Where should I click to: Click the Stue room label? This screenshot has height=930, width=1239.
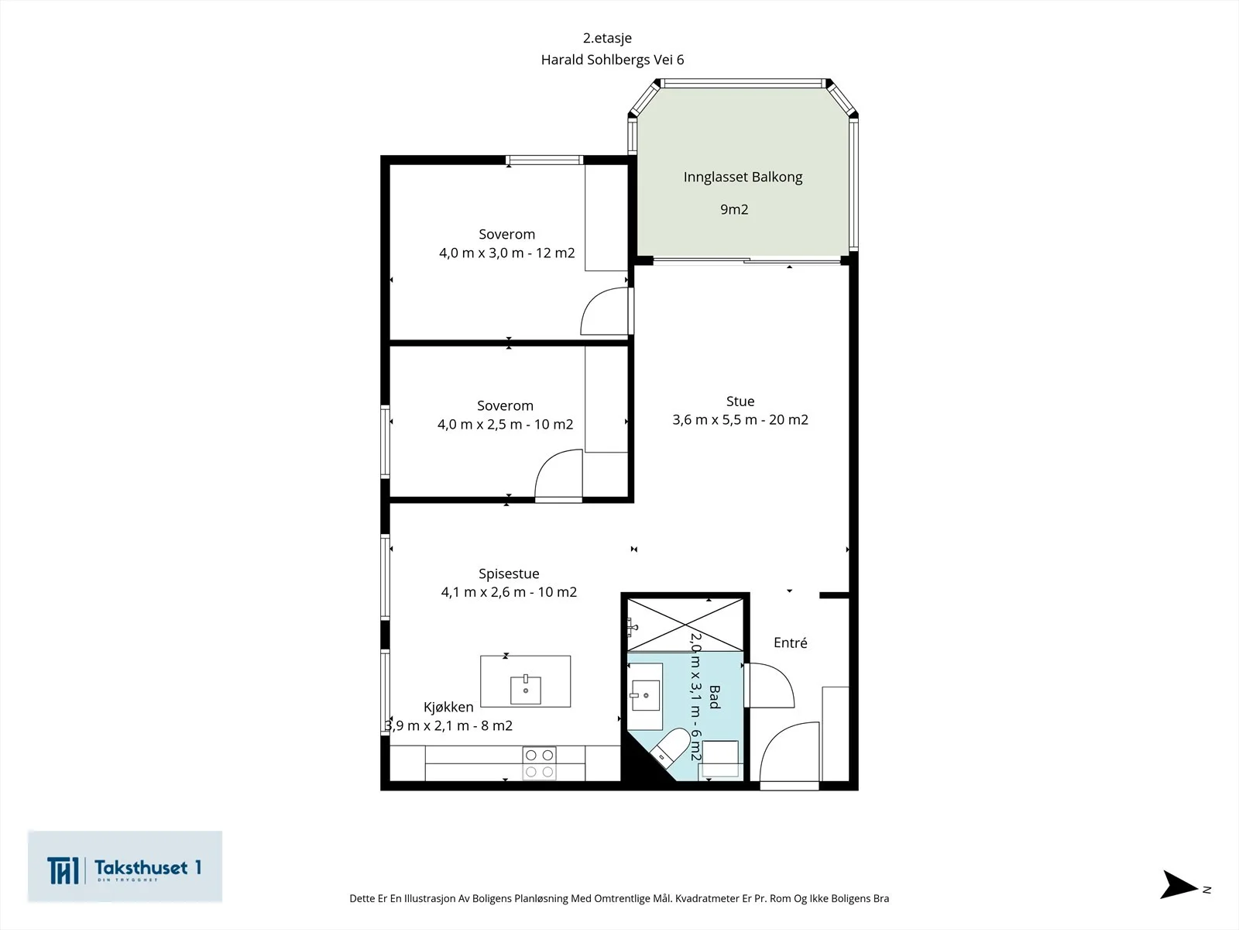740,401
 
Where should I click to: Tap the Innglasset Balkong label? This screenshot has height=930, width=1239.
743,177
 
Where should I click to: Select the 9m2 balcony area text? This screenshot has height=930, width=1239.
734,209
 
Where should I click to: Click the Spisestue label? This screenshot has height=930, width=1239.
509,573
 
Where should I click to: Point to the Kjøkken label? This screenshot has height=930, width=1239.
448,707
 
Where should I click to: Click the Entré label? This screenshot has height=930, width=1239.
791,642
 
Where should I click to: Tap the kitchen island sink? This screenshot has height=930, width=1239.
526,689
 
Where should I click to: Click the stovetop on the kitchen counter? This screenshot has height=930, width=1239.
539,763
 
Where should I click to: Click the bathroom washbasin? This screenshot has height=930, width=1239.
645,695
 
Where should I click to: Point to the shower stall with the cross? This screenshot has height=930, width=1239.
685,625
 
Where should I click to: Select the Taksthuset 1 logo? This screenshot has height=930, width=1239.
125,866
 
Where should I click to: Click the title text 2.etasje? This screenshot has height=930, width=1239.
607,39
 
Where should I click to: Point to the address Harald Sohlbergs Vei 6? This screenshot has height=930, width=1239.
613,60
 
